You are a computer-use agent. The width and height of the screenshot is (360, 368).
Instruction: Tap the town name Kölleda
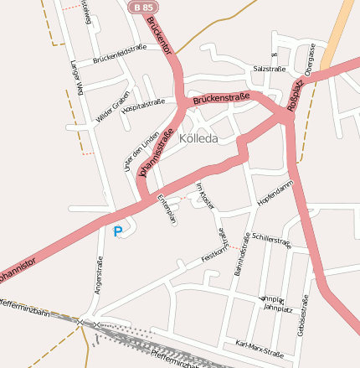coord(199,138)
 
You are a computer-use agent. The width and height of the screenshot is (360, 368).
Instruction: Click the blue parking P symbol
coord(117,231)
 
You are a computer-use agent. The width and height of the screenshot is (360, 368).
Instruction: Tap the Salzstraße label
coord(269,69)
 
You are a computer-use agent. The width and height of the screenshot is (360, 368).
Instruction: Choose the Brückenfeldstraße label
coord(120,54)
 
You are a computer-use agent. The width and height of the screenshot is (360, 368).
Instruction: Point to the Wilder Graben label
coord(113,106)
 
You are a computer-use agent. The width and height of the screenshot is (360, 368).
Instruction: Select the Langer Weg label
coord(77,77)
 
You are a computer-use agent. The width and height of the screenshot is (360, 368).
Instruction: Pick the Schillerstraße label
coord(270,242)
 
